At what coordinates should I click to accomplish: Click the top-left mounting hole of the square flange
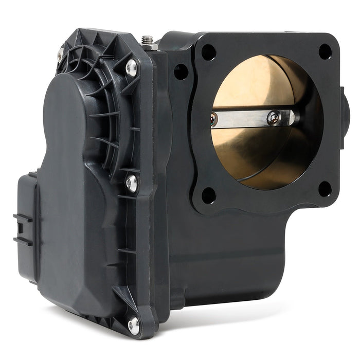[x=208, y=52]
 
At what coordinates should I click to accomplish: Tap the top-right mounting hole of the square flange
[x=325, y=51]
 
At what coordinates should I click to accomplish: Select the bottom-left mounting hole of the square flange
[x=208, y=195]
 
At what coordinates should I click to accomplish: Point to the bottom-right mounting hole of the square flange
[x=325, y=188]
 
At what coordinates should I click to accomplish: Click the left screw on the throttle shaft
[x=214, y=119]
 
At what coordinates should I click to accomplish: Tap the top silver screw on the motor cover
[x=132, y=67]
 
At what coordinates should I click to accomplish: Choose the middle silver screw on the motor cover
[x=132, y=183]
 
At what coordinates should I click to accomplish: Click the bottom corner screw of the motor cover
[x=134, y=323]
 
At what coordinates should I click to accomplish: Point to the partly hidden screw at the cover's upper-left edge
[x=61, y=53]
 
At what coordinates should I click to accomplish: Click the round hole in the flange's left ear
[x=181, y=71]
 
